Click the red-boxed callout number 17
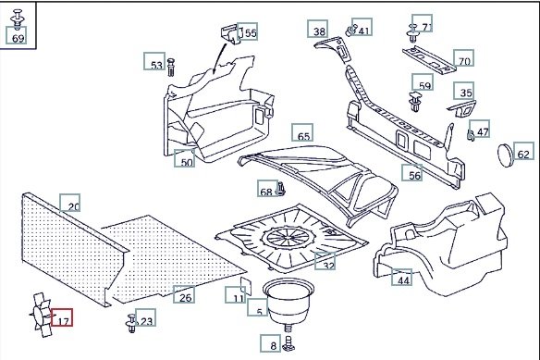tap(62, 317)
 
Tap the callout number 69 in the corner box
tap(17, 35)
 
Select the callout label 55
tap(248, 31)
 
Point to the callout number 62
tap(523, 151)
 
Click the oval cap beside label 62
tap(506, 155)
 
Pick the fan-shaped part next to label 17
tap(41, 315)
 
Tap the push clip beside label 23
tap(131, 324)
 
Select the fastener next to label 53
tap(171, 68)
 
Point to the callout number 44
tap(402, 278)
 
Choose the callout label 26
tap(184, 294)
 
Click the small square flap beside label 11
tap(246, 285)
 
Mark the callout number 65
tap(302, 132)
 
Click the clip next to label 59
tap(415, 101)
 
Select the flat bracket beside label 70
tap(429, 59)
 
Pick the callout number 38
tap(318, 29)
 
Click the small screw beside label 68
tap(281, 189)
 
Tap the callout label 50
tap(185, 158)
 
